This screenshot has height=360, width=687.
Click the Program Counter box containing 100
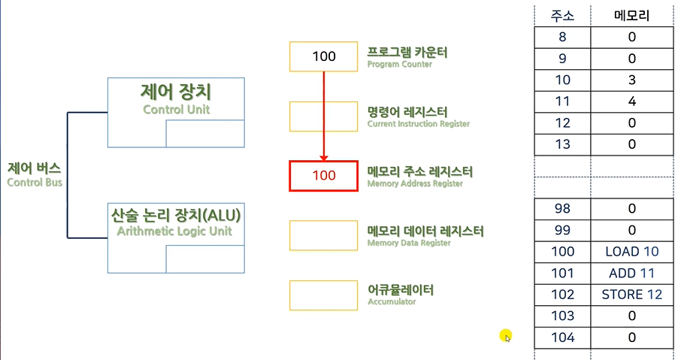[323, 56]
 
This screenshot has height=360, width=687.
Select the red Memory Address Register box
[323, 176]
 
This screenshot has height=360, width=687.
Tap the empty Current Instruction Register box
[323, 116]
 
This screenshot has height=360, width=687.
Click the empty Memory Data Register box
[323, 235]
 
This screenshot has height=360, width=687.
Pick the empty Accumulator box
[323, 295]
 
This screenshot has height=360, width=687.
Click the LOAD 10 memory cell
[631, 252]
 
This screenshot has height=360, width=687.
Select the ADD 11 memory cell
[631, 273]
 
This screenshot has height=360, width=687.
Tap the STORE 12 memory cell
[631, 295]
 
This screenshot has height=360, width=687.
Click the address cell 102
[562, 295]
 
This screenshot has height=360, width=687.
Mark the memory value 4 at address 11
[631, 101]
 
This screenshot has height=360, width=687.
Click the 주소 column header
[562, 15]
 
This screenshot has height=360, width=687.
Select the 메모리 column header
[631, 15]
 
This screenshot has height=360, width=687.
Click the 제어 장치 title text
[176, 92]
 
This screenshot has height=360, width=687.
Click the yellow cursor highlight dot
[504, 335]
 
